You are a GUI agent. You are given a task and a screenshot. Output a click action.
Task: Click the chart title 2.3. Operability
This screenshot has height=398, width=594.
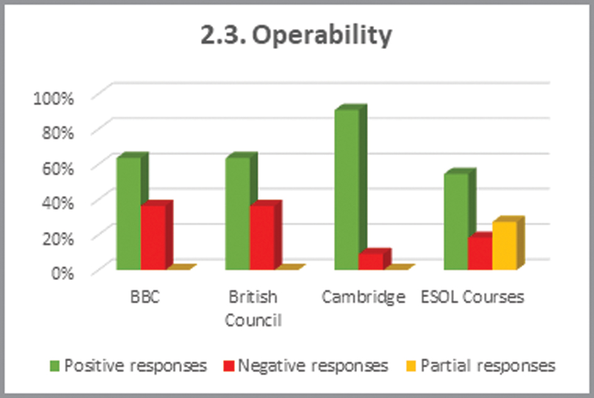pyautogui.click(x=296, y=36)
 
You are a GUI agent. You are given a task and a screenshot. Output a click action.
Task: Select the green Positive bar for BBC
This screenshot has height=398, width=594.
pyautogui.click(x=128, y=213)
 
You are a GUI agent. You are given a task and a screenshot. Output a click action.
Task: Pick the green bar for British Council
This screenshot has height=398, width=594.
pyautogui.click(x=238, y=213)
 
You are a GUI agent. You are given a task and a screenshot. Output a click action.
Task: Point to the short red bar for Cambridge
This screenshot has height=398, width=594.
pyautogui.click(x=371, y=261)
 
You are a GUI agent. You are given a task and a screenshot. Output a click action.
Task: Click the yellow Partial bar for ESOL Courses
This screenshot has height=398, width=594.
pyautogui.click(x=504, y=245)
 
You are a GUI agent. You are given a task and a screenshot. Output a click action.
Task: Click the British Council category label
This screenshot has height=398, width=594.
pyautogui.click(x=253, y=308)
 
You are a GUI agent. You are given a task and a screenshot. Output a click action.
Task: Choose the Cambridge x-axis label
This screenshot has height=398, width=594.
pyautogui.click(x=363, y=297)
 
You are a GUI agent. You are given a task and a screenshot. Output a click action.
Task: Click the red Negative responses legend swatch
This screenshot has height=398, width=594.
pyautogui.click(x=229, y=365)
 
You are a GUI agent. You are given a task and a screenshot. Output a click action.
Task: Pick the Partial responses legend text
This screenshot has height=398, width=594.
pyautogui.click(x=488, y=365)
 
